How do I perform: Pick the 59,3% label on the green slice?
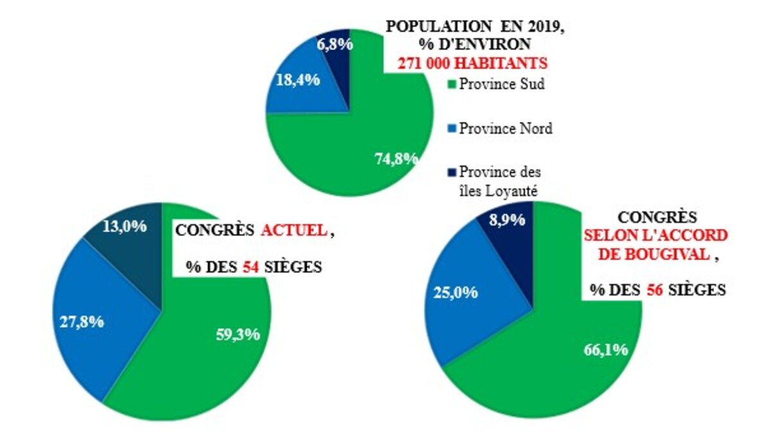click(238, 334)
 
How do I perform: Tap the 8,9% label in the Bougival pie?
click(506, 219)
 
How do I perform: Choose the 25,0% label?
click(456, 293)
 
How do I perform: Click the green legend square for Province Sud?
click(452, 84)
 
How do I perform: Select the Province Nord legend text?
click(506, 128)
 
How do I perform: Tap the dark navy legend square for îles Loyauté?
click(452, 172)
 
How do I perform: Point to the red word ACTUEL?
click(294, 232)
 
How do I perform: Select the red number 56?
click(654, 290)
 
